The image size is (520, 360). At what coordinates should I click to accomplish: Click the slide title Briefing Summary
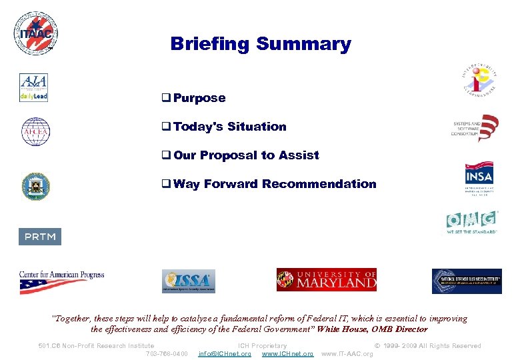pyautogui.click(x=260, y=44)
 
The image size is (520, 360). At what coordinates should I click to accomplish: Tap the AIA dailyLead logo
pyautogui.click(x=33, y=88)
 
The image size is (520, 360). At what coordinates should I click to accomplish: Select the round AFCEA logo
pyautogui.click(x=35, y=131)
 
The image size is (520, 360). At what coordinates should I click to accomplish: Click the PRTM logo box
pyautogui.click(x=40, y=237)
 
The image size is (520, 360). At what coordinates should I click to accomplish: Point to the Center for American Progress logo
pyautogui.click(x=61, y=281)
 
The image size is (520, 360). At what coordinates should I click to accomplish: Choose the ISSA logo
pyautogui.click(x=189, y=281)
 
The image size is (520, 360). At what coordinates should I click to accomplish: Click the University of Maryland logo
pyautogui.click(x=327, y=280)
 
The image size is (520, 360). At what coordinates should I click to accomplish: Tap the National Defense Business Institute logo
pyautogui.click(x=467, y=281)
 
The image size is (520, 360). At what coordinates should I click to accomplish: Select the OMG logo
pyautogui.click(x=472, y=222)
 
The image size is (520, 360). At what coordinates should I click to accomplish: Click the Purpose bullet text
pyautogui.click(x=199, y=98)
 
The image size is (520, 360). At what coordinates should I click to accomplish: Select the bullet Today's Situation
pyautogui.click(x=229, y=127)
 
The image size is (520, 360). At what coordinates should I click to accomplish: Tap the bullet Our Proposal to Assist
pyautogui.click(x=246, y=155)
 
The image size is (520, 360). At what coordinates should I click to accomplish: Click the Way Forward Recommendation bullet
pyautogui.click(x=274, y=184)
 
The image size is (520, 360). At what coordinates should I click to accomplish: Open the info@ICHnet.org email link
pyautogui.click(x=225, y=354)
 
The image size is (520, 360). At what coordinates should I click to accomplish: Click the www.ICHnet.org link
pyautogui.click(x=287, y=354)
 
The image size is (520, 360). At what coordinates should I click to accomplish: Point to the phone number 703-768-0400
pyautogui.click(x=167, y=354)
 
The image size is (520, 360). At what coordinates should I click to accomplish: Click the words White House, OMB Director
pyautogui.click(x=373, y=329)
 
